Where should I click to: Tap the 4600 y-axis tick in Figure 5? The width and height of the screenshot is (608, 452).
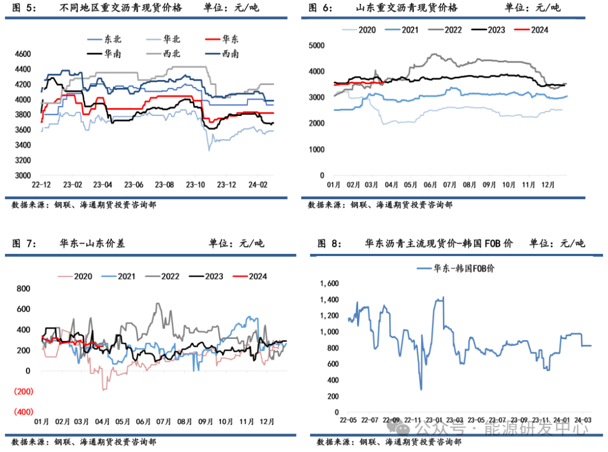coord(23,54)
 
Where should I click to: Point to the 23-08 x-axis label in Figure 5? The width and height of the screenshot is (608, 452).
coord(164,185)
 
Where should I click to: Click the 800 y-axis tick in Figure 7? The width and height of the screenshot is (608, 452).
coord(23,289)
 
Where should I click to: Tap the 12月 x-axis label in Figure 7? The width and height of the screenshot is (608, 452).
coord(267,422)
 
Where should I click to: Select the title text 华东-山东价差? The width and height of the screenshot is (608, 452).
coord(92,244)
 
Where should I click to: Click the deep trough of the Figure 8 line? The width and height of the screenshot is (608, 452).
coord(421,388)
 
